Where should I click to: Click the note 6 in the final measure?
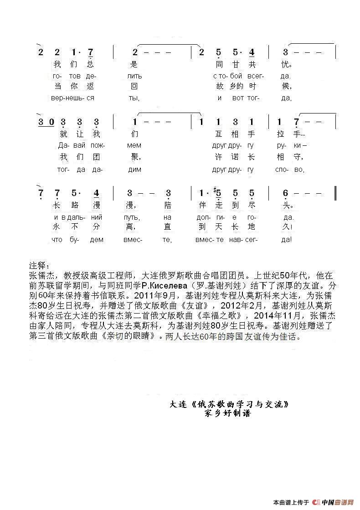coord(285,193)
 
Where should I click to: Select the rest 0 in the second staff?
coord(51,122)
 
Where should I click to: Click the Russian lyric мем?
coord(135,145)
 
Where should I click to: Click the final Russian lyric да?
coord(287,239)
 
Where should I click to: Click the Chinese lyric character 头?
coord(286,205)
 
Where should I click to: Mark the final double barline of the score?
coord(335,193)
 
